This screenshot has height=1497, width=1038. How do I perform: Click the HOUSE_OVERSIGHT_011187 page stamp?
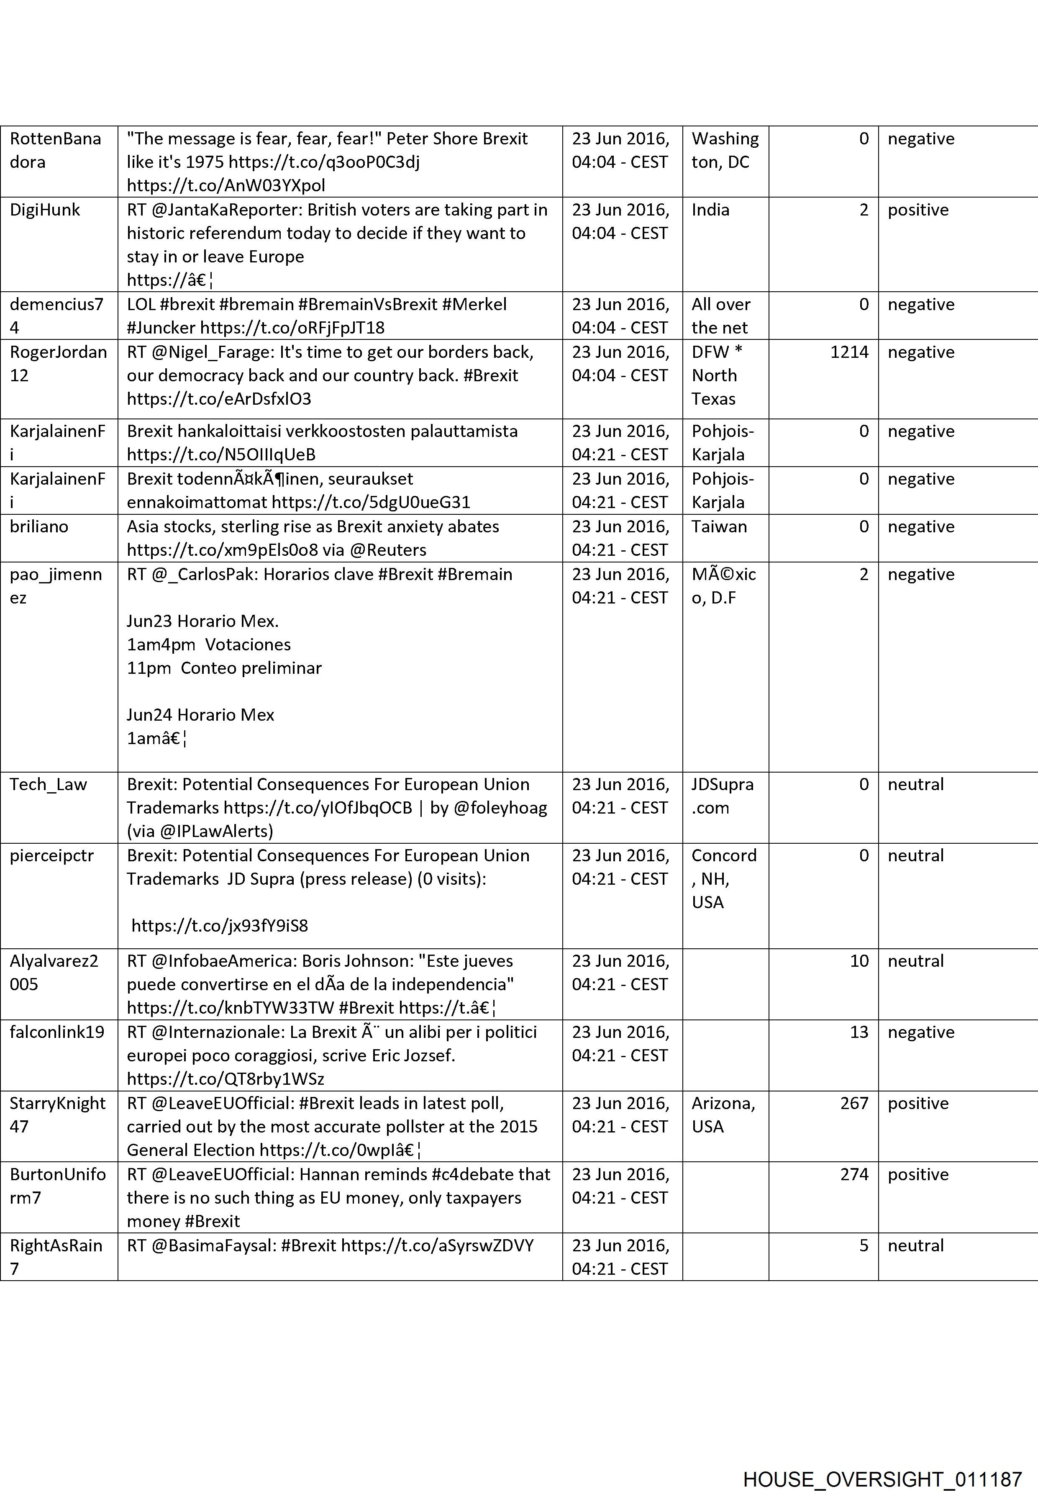[882, 1461]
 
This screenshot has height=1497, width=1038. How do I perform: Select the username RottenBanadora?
[55, 150]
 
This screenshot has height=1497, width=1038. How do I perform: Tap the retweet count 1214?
[849, 352]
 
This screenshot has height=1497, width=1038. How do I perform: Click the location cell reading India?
[710, 210]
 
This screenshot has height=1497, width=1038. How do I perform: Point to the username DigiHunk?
[45, 210]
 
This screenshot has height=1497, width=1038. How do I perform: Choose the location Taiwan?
[719, 526]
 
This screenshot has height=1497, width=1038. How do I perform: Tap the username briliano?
[39, 526]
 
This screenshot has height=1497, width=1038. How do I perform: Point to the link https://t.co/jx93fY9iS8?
[220, 925]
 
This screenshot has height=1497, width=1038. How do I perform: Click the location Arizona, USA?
[723, 1114]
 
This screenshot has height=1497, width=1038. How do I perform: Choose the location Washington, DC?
[725, 150]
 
